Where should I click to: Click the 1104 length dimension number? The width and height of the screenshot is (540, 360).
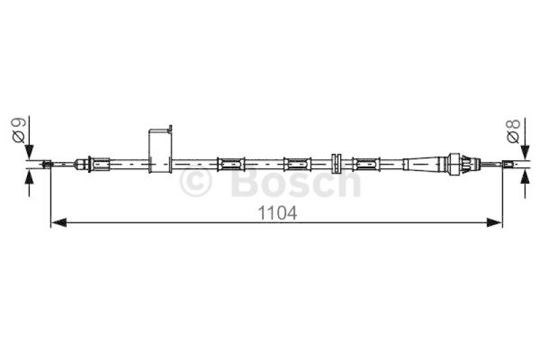(x=277, y=213)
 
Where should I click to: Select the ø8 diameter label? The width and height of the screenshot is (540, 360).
(x=513, y=131)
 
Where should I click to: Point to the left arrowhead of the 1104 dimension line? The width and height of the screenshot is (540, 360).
(x=59, y=222)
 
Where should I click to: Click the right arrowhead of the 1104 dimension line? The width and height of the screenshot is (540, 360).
(x=494, y=222)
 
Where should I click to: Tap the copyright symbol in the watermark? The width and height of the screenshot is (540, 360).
(x=195, y=182)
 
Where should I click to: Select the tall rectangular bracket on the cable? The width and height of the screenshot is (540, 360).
(x=160, y=151)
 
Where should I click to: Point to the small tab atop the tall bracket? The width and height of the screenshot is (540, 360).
(x=170, y=128)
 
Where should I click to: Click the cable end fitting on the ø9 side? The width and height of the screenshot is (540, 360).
(x=47, y=164)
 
